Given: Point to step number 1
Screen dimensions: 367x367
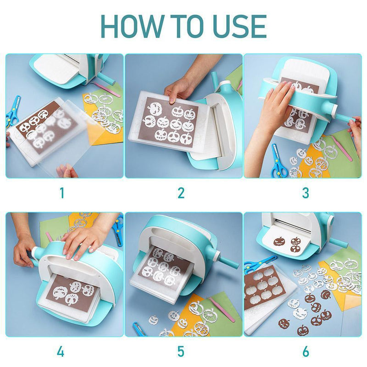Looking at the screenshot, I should click(x=62, y=193).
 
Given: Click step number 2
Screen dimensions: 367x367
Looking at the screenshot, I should click(x=181, y=193).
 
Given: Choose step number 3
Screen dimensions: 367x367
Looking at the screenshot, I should click(x=305, y=193).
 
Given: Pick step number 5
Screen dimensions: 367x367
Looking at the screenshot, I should click(x=181, y=352).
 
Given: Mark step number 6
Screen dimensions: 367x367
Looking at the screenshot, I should click(x=305, y=352).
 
